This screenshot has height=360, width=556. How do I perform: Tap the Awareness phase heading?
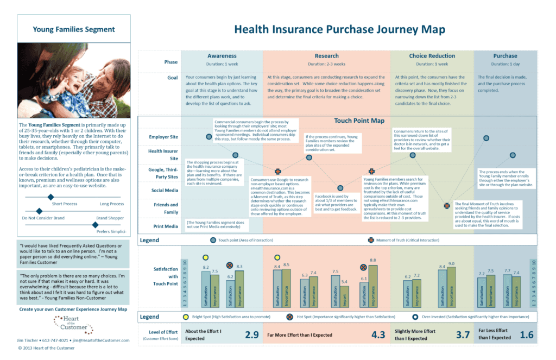pyautogui.click(x=222, y=56)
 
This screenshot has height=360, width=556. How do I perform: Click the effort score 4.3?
pyautogui.click(x=378, y=334)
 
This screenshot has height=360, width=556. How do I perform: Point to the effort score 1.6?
pyautogui.click(x=527, y=334)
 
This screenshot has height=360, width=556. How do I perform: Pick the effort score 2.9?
pyautogui.click(x=251, y=334)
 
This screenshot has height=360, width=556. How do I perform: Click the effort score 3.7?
pyautogui.click(x=463, y=334)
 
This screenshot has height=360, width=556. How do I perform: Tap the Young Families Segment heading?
pyautogui.click(x=74, y=29)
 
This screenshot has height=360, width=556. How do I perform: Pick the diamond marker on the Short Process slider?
pyautogui.click(x=50, y=197)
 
